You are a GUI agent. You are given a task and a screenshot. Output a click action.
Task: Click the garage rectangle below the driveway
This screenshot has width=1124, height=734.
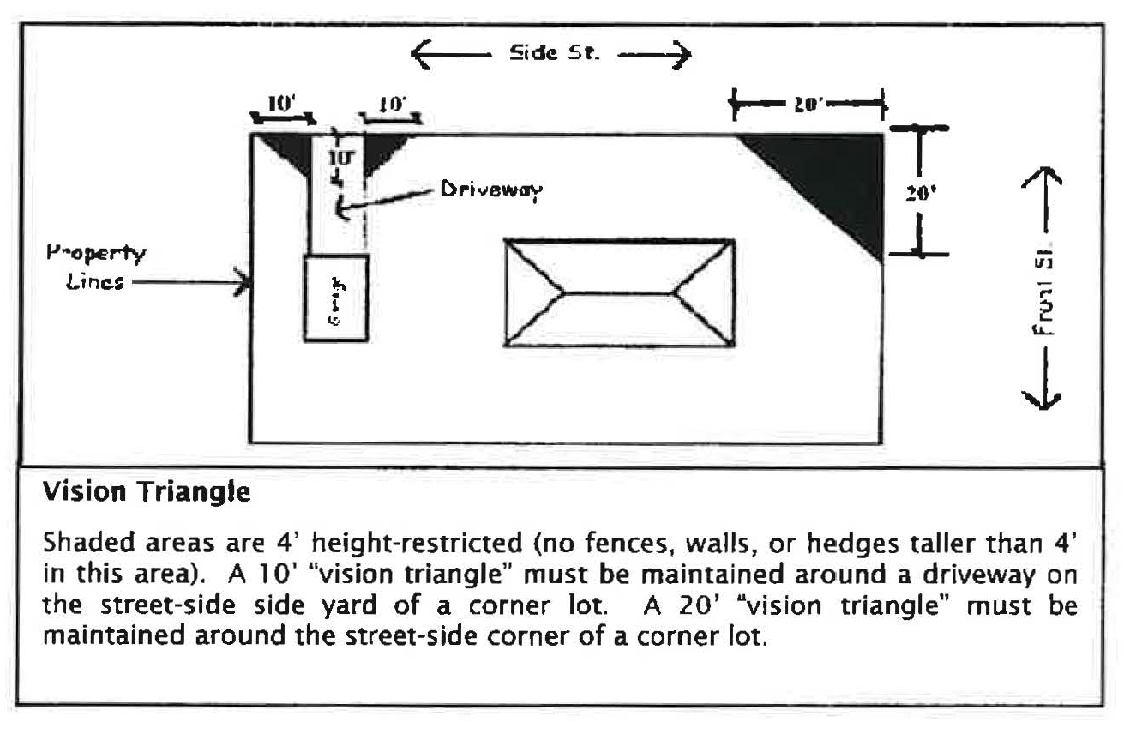tap(337, 298)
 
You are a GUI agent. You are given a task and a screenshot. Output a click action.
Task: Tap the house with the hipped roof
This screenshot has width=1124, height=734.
tap(619, 292)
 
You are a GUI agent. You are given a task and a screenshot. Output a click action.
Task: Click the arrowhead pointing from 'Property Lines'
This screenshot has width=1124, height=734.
tap(243, 281)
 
